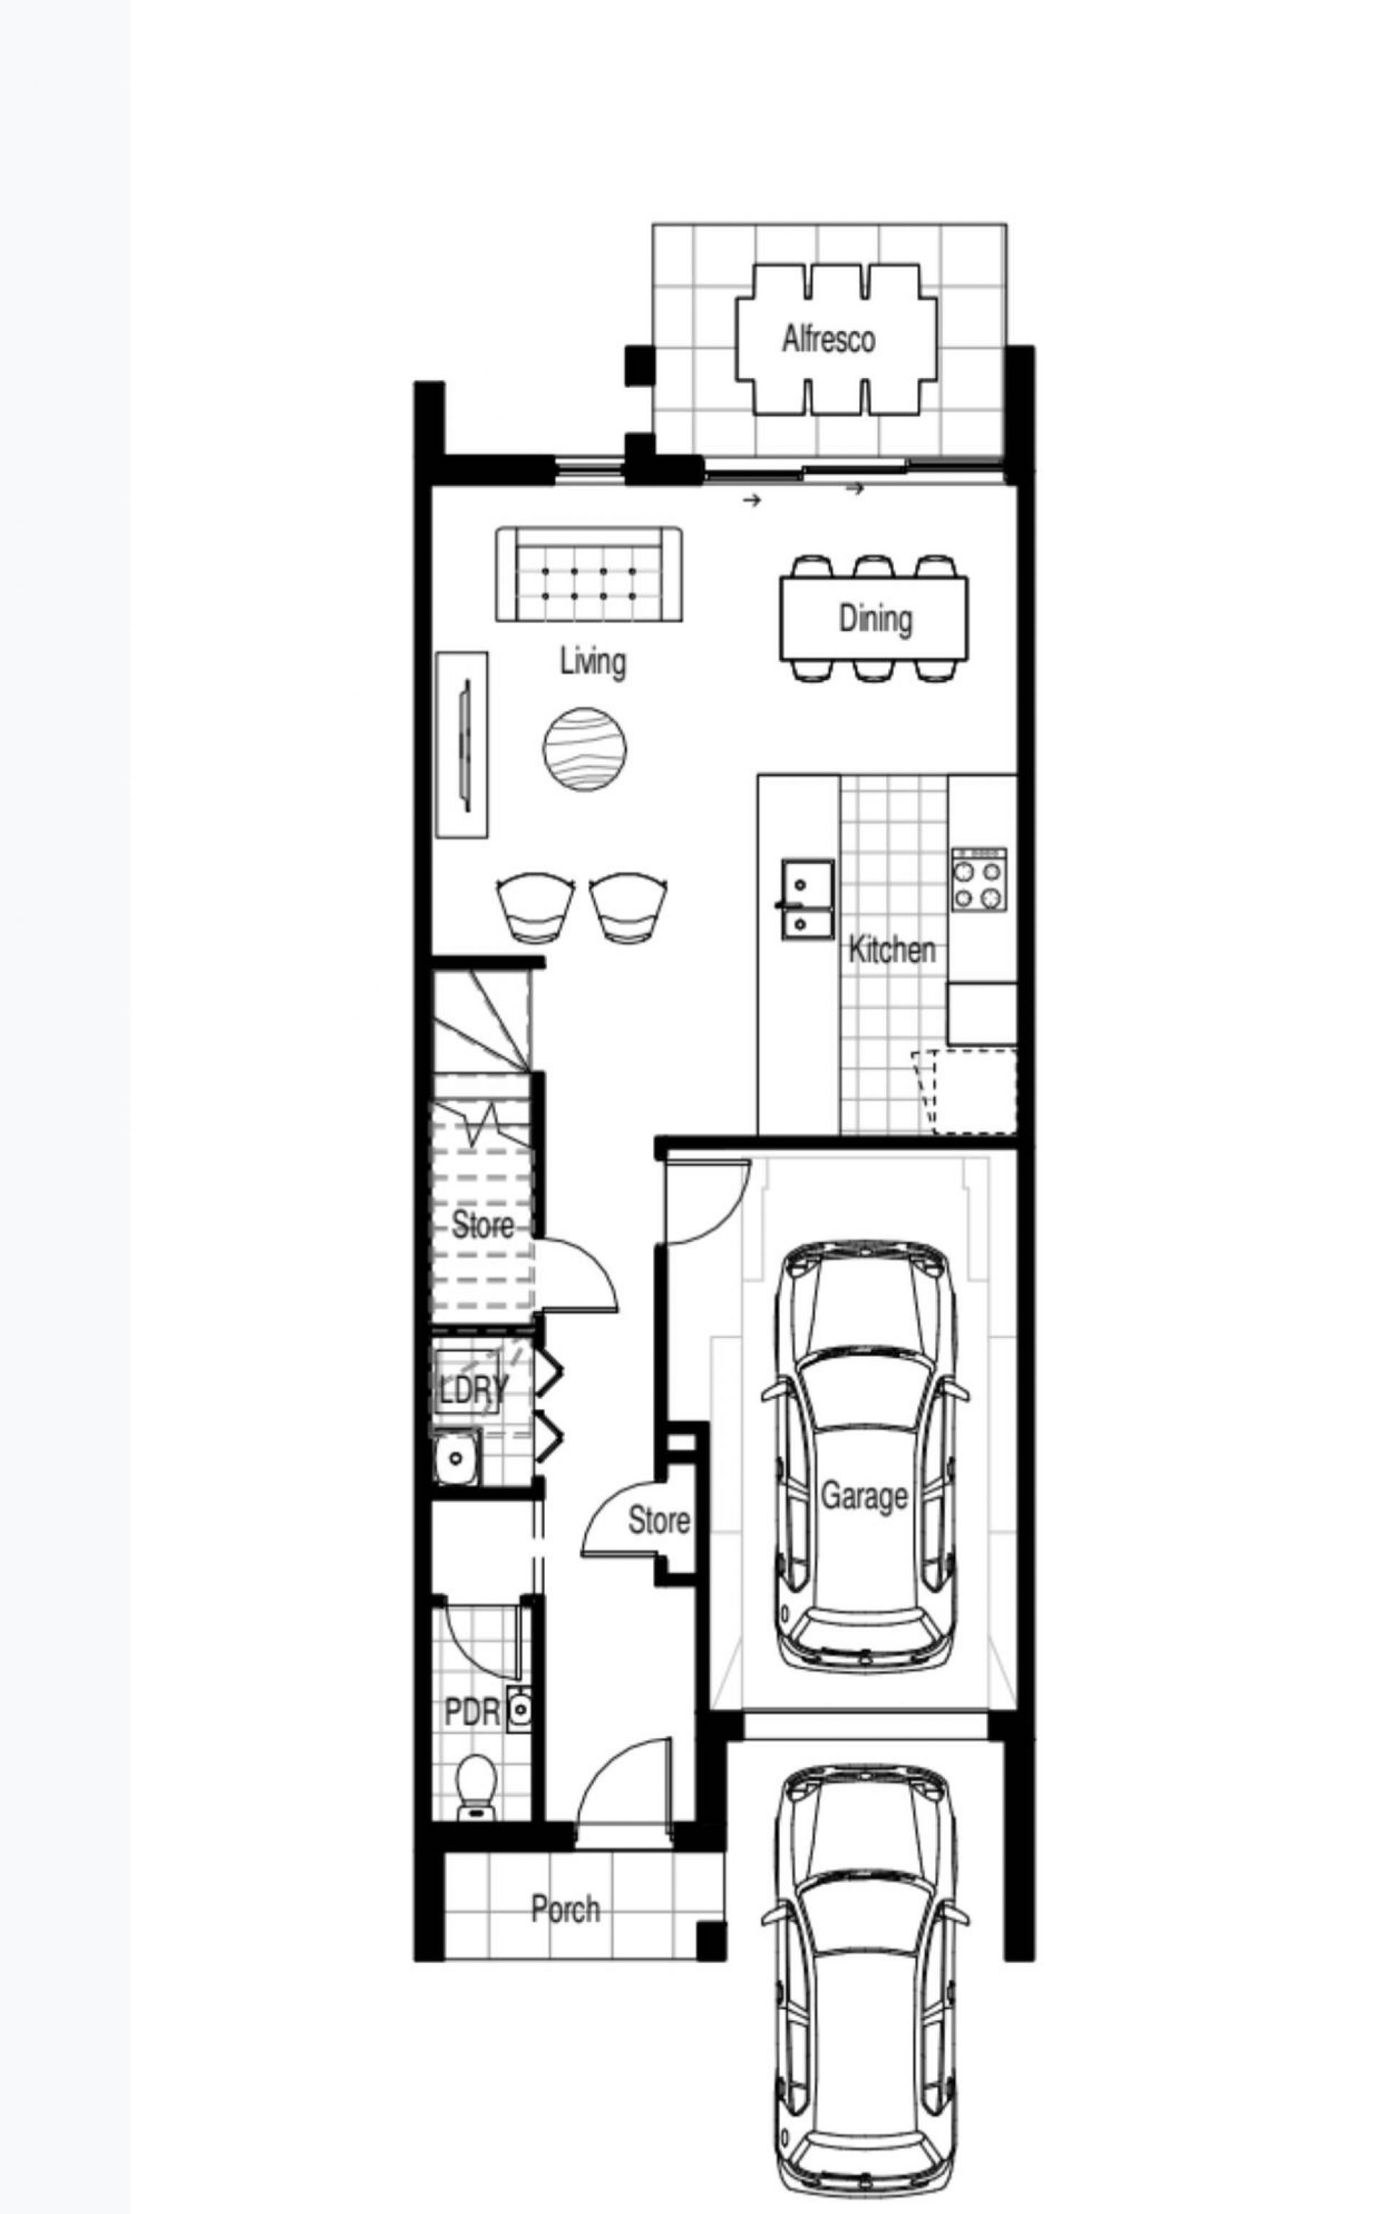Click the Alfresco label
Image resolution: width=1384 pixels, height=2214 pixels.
tap(828, 340)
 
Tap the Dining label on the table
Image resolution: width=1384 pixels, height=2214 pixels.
tap(876, 619)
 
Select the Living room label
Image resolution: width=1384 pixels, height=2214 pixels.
tap(593, 661)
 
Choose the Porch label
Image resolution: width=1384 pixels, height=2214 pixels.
tap(566, 1909)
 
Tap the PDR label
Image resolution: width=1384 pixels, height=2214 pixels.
tap(471, 1712)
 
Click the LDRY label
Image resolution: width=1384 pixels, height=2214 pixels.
tap(472, 1390)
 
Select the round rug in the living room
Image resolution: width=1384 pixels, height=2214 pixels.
tap(585, 749)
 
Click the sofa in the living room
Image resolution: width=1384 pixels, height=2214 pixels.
tap(589, 574)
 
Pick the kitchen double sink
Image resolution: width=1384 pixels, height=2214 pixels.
tap(807, 899)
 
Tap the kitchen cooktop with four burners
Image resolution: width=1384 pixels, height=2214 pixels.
tap(978, 879)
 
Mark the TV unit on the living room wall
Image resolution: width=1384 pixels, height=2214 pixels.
tap(461, 744)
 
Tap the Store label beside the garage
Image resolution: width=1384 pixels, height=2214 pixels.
tap(659, 1521)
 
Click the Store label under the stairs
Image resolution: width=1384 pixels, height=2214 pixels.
tap(482, 1225)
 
